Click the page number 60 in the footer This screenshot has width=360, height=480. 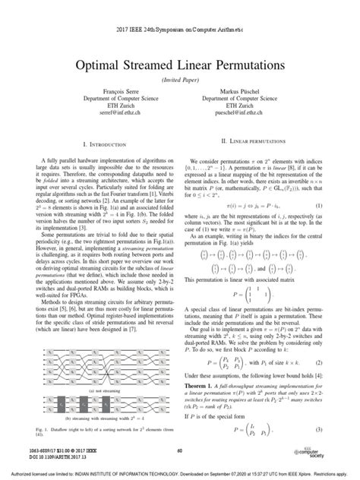[x=180, y=449]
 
